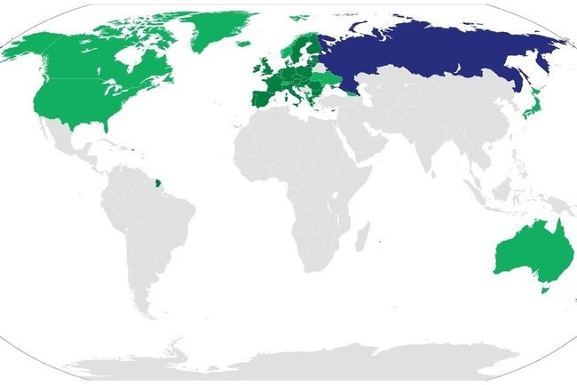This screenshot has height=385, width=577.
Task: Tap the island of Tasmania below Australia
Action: (x=546, y=288)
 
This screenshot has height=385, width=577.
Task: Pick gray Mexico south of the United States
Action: (x=71, y=138)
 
